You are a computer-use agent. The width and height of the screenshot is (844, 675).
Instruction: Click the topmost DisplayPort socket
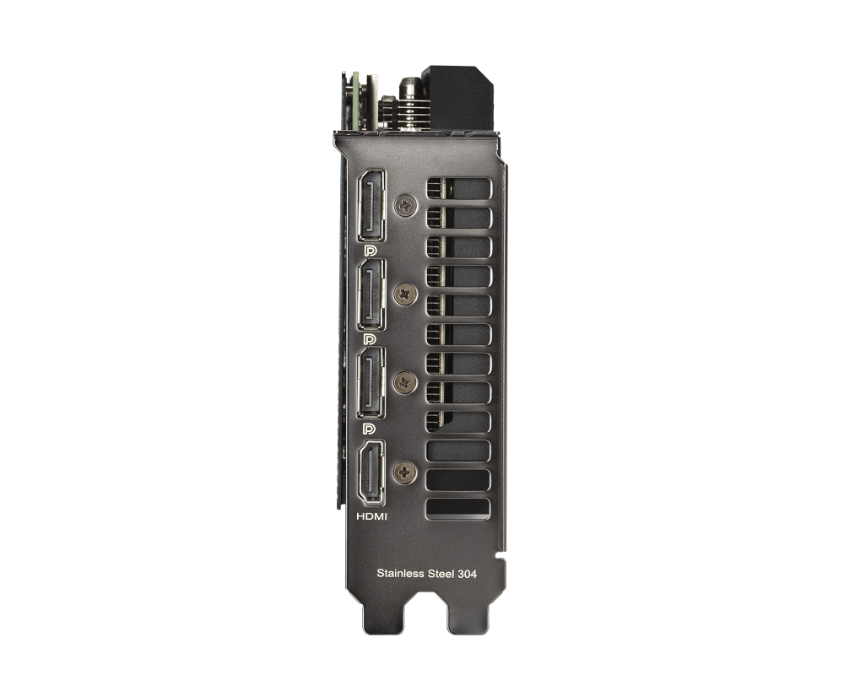coord(371,206)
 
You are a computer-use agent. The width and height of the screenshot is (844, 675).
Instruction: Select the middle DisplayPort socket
coord(371,294)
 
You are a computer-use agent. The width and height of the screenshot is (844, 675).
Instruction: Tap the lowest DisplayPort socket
coord(371,382)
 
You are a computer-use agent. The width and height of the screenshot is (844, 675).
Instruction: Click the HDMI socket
coord(371,472)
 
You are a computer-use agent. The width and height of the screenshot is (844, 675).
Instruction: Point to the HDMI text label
coord(371,516)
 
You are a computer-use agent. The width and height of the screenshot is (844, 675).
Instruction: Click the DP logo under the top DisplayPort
coord(370,251)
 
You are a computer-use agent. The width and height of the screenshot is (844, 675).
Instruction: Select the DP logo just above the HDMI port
coord(370,428)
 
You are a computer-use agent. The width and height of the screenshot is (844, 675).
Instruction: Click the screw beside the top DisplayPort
coord(405,205)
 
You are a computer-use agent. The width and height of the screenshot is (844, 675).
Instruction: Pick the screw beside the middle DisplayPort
coord(405,294)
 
